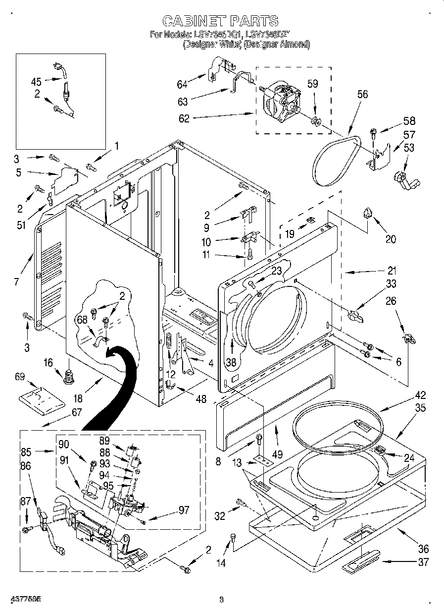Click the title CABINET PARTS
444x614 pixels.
(x=220, y=20)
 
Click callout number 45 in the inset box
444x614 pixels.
(x=37, y=80)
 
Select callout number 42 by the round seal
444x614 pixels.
(x=421, y=395)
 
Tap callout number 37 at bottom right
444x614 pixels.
(x=422, y=562)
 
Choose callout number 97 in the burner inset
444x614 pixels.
(x=184, y=510)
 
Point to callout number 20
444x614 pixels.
(x=391, y=239)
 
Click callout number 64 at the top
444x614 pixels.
(x=183, y=85)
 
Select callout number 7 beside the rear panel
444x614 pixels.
(x=17, y=282)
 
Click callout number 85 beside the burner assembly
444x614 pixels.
(x=26, y=451)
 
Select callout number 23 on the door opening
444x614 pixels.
(x=276, y=271)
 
